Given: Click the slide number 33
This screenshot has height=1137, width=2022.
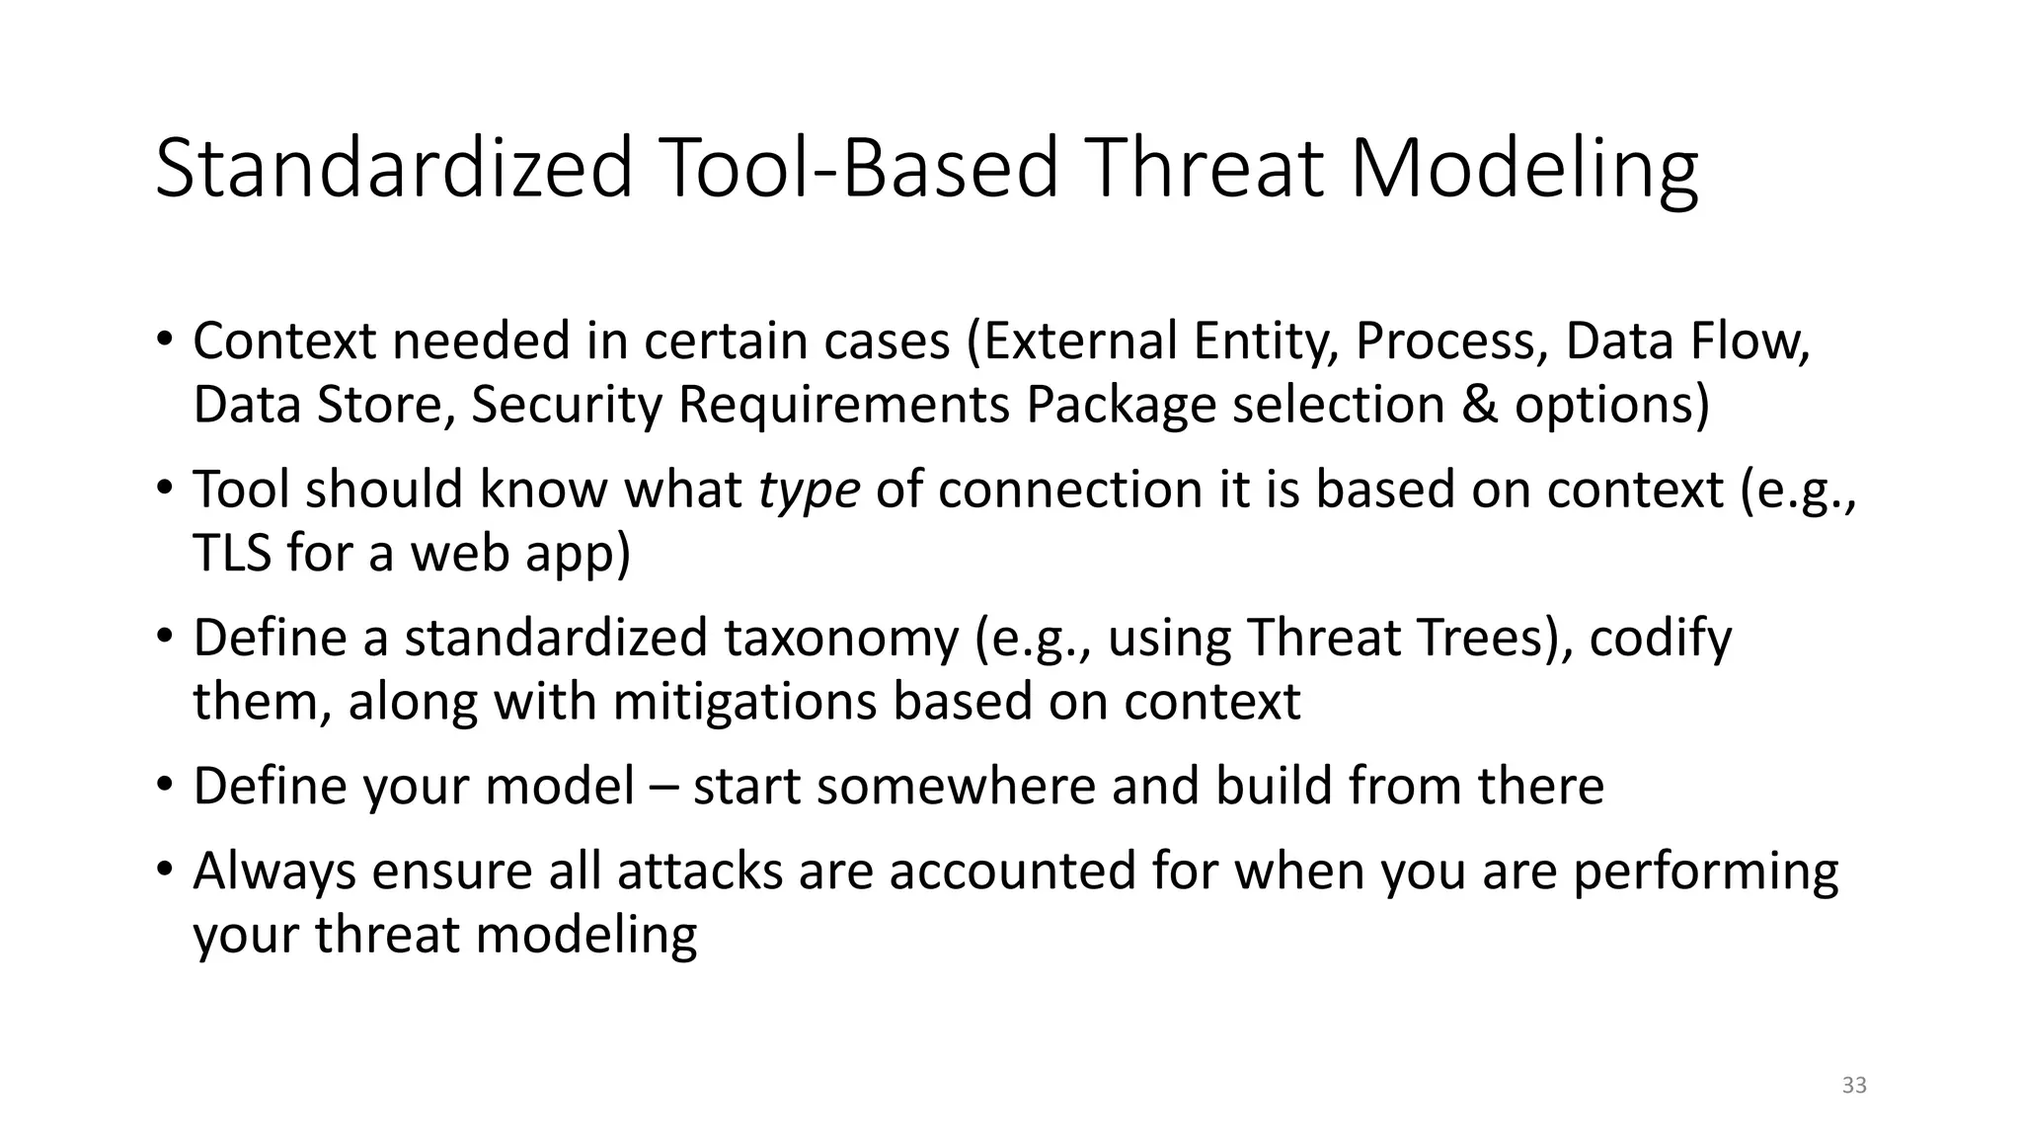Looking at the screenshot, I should coord(1854,1086).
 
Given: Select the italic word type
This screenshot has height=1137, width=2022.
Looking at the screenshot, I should coord(809,490).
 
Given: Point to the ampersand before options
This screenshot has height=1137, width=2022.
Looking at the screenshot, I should coord(1478,405).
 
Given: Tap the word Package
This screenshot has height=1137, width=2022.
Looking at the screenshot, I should coord(1121,405).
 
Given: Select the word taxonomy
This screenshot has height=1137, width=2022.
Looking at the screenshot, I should coord(841,638).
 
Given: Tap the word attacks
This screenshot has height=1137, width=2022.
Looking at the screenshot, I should coord(700,871).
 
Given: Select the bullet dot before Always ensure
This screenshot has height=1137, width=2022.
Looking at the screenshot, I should coord(164,869).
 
